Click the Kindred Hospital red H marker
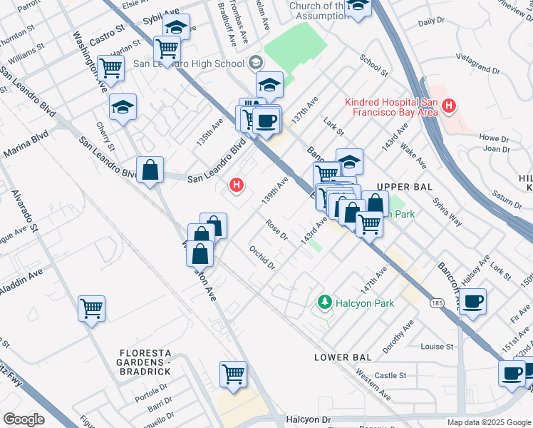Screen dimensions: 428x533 tap(449, 107)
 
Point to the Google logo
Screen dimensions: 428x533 tap(23, 419)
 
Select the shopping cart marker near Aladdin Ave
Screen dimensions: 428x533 tap(92, 309)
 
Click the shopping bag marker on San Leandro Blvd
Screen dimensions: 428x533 tap(150, 170)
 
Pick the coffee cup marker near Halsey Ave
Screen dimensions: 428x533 tap(473, 301)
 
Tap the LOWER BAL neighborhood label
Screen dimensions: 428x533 tap(344, 357)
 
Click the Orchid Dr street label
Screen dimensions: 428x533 tap(262, 258)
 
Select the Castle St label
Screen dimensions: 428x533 tap(390, 375)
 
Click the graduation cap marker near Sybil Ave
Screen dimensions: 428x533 tap(177, 27)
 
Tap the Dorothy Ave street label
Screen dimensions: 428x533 tap(398, 339)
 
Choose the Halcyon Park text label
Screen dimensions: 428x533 tap(366, 303)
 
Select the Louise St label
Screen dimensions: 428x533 tap(437, 347)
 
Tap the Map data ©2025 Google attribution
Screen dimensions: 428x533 tap(489, 422)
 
